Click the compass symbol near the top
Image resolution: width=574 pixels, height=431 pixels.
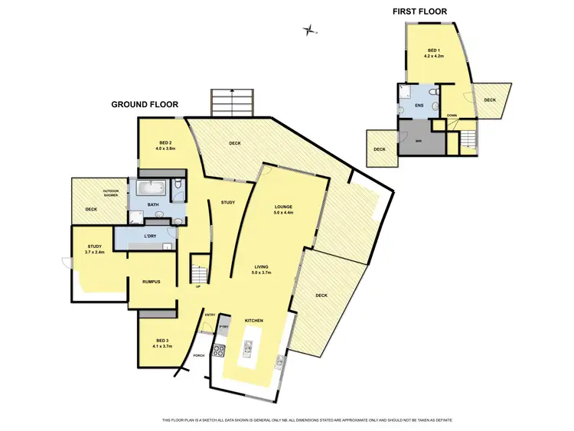coord(310,31)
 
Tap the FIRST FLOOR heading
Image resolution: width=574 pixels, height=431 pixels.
coord(419,11)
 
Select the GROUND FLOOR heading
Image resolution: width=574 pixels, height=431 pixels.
coord(145,104)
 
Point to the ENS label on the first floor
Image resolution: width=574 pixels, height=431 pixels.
coord(419,105)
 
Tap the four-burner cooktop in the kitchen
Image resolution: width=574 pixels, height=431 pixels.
coord(218,351)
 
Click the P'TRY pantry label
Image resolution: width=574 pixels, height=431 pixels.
coord(223,327)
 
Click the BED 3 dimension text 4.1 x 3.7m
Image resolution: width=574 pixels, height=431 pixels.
coord(161,346)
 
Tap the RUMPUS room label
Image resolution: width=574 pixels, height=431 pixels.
coord(151,282)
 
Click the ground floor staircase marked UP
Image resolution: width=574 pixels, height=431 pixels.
coord(199,273)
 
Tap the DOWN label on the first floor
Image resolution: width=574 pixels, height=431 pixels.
coord(452,116)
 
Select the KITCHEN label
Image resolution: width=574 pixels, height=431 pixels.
coord(254,319)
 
